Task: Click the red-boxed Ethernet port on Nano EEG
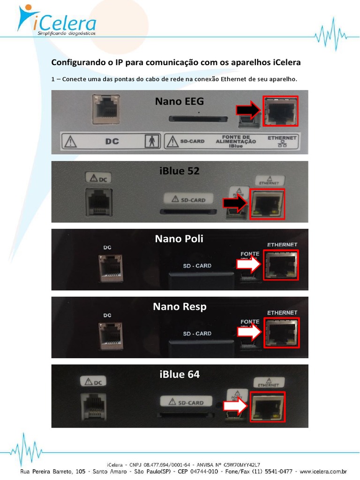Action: (280, 112)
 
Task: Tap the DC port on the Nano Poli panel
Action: (111, 267)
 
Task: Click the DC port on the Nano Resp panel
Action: (111, 335)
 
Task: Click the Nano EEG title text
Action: (180, 101)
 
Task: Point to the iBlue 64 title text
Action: (180, 374)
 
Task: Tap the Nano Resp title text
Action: (180, 307)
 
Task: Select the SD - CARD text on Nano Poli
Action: (197, 266)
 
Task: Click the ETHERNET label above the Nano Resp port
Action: (282, 312)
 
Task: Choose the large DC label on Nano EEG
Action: (112, 141)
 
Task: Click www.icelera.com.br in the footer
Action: (323, 472)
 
